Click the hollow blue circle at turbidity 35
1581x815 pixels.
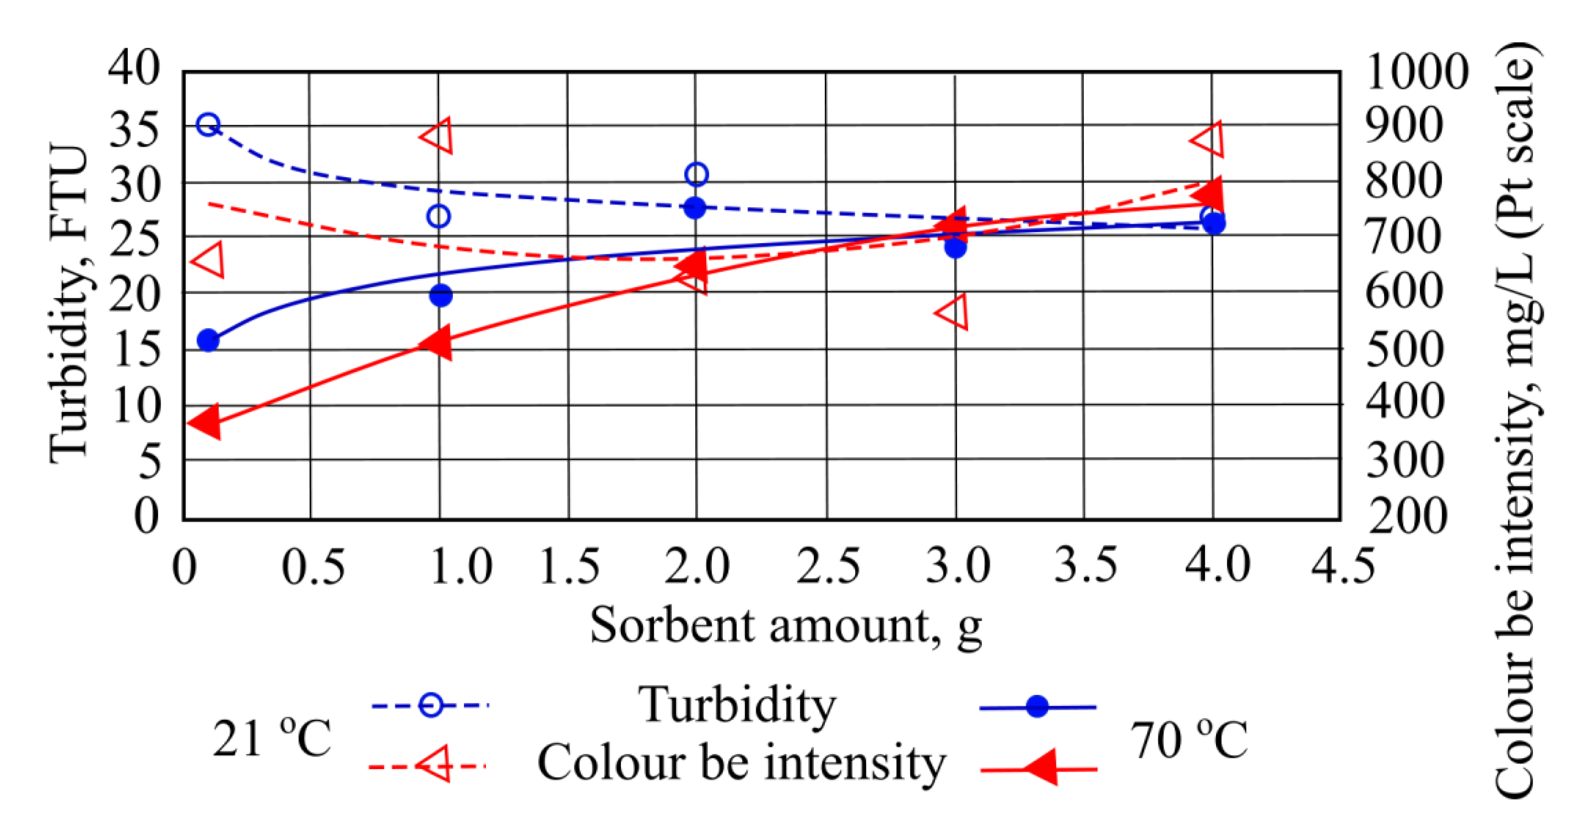208,125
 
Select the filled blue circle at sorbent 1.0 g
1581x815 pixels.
441,296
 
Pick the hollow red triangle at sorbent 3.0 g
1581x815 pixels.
954,312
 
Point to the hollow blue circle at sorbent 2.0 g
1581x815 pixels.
697,175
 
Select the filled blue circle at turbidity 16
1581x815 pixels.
208,340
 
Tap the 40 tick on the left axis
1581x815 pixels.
134,67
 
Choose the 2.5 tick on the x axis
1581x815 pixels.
827,566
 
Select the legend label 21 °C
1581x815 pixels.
271,738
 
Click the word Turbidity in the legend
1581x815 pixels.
736,705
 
